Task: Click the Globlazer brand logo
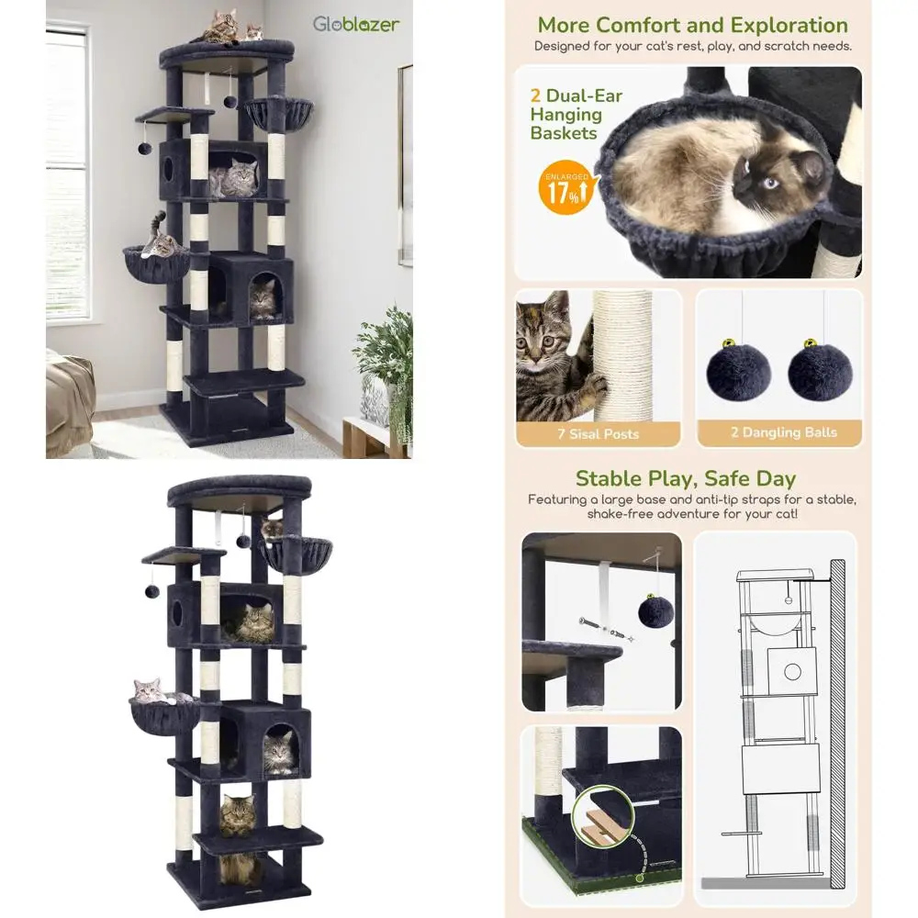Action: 356,24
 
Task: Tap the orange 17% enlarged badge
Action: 565,188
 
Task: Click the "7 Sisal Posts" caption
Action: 598,434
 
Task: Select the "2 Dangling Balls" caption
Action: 783,432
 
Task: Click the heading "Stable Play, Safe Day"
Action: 686,478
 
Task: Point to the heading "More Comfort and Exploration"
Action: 692,25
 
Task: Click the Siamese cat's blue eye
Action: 770,183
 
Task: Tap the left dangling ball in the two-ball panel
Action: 738,370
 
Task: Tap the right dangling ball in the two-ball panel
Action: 820,370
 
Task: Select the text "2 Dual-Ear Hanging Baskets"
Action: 576,114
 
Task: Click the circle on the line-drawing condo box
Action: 792,672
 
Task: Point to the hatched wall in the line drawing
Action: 837,723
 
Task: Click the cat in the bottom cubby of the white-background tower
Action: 239,868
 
